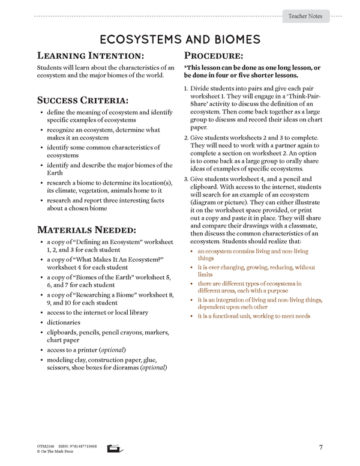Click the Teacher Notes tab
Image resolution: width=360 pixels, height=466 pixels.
pos(305,17)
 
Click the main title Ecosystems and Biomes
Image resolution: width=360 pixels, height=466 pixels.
pos(180,40)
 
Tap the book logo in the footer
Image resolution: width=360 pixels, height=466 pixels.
pos(114,448)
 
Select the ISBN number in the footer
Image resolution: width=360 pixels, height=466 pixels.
pos(77,446)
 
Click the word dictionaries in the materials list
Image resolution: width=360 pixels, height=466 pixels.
pos(67,322)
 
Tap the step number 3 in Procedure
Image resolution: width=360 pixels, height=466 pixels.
pos(186,180)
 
